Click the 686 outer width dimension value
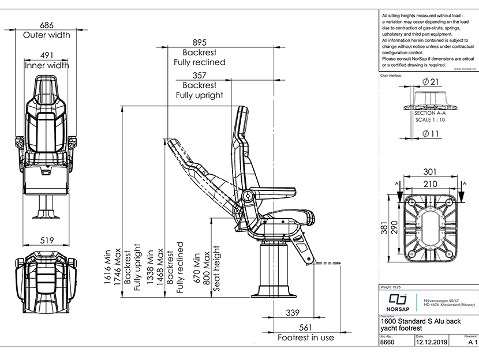point(47,25)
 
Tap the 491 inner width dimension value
point(47,56)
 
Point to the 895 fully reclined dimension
point(199,42)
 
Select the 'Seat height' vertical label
point(218,268)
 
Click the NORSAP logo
point(398,301)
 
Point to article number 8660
point(388,342)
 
